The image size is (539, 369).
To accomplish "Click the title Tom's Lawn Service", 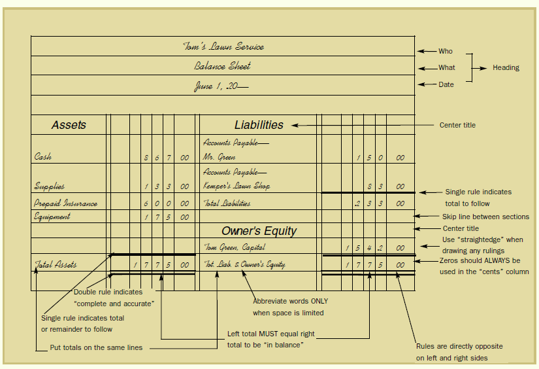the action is click(x=223, y=46).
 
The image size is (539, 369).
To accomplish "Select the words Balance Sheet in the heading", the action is click(x=222, y=66).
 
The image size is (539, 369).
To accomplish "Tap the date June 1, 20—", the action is click(x=221, y=86).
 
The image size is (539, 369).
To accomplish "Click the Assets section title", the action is click(x=69, y=125).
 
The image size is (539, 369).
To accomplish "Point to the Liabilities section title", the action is click(x=259, y=125).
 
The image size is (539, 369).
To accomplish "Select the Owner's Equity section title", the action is click(x=259, y=231).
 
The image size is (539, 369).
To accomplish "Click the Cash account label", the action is click(x=43, y=157).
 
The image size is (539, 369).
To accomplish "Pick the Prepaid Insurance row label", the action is click(x=65, y=203).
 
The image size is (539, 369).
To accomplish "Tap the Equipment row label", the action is click(x=52, y=217).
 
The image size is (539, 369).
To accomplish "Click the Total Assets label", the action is click(x=56, y=265).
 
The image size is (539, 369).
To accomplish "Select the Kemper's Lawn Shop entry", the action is click(x=236, y=186).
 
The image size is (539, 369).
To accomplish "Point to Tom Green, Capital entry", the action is click(x=233, y=247).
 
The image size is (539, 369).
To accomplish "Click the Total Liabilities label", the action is click(x=227, y=203).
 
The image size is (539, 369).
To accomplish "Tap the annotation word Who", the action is click(x=445, y=51).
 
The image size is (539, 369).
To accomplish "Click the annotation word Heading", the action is click(x=506, y=67).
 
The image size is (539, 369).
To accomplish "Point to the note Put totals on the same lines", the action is click(x=96, y=348).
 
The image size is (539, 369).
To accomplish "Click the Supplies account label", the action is click(x=50, y=186).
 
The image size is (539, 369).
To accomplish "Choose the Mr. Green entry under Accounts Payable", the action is click(x=218, y=158).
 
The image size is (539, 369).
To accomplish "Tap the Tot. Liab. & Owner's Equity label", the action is click(x=244, y=265).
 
